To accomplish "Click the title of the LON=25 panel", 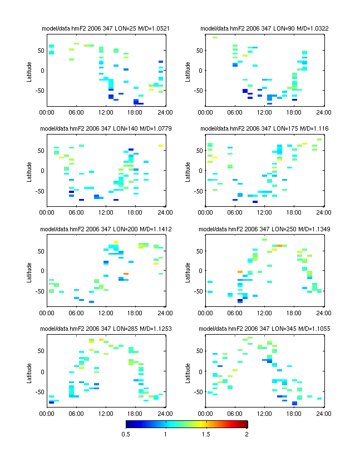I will [106, 28].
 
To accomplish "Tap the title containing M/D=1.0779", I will [106, 128].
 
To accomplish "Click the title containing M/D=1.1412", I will [106, 229].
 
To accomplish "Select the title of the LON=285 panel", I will [106, 329].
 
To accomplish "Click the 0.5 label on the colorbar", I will [125, 434].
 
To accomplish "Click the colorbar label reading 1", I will [166, 434].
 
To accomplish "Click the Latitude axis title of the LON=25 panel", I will [29, 71].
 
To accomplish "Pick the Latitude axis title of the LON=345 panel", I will [188, 371].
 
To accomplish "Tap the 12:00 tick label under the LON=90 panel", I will [264, 112].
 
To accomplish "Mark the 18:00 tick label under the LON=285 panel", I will [135, 413].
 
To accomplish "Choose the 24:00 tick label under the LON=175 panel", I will [323, 212].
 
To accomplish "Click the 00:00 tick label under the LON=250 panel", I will [205, 312].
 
